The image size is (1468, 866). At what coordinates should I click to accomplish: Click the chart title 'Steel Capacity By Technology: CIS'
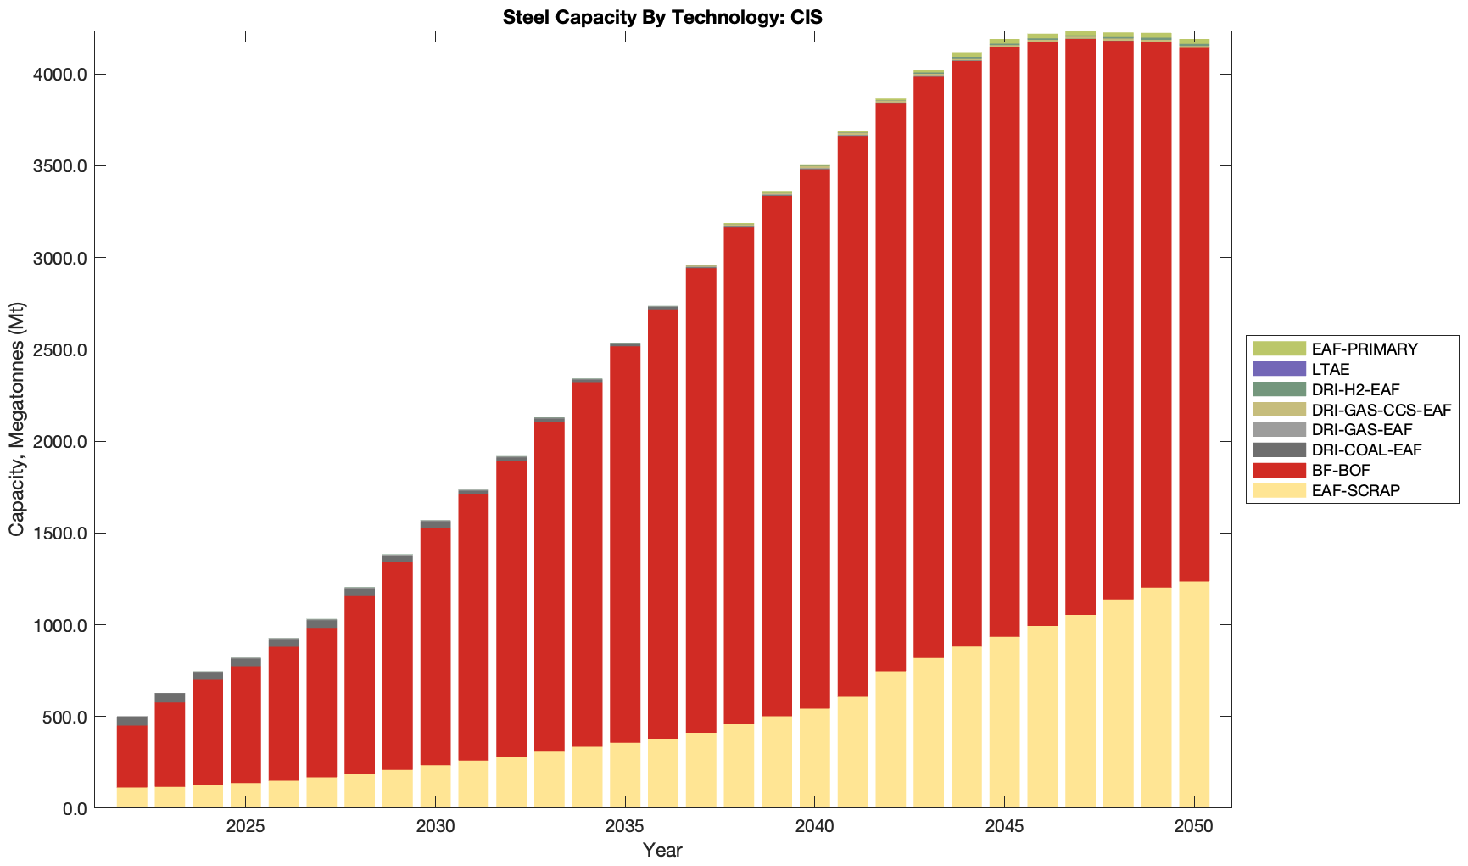point(661,17)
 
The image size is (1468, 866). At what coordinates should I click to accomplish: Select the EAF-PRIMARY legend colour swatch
point(1279,349)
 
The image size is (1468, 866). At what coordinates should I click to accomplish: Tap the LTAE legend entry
point(1330,369)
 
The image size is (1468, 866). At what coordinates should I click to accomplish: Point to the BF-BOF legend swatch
point(1279,470)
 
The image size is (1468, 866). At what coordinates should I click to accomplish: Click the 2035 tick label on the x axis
point(625,827)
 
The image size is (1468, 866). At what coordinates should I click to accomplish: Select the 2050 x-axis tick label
point(1194,827)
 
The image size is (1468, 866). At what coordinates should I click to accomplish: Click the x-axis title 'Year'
point(661,850)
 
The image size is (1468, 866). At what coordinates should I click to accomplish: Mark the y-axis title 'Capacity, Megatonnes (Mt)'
point(17,419)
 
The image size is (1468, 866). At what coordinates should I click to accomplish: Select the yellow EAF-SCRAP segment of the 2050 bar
point(1194,696)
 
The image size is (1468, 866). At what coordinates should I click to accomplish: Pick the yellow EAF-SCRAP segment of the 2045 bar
point(1005,721)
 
